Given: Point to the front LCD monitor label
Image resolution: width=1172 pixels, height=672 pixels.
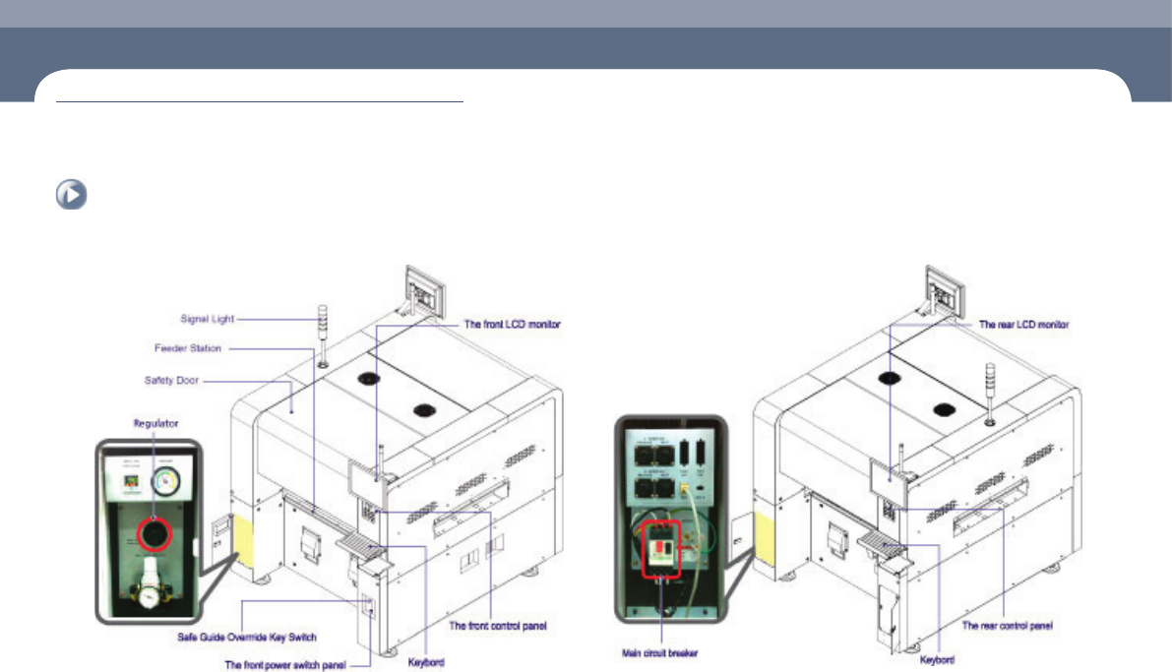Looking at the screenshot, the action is pos(513,324).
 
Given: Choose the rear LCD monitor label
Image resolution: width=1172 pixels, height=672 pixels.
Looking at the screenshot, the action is pos(1026,324).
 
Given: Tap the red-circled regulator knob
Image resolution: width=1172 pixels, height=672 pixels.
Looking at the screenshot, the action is pos(154,534).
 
